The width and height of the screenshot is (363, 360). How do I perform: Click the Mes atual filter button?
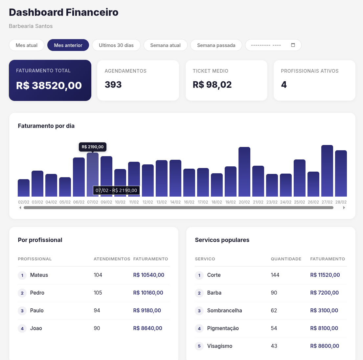[x=27, y=45]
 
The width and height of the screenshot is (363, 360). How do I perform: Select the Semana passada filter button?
[x=216, y=45]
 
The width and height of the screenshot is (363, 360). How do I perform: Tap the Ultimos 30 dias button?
[x=116, y=45]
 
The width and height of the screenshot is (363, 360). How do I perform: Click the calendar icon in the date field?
[x=293, y=45]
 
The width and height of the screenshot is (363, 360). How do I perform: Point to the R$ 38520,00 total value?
[x=49, y=85]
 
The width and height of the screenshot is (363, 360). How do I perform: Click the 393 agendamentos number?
[x=113, y=85]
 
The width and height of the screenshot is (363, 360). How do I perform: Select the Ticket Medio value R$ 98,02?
[x=212, y=85]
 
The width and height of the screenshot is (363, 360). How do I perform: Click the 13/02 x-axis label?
[x=161, y=202]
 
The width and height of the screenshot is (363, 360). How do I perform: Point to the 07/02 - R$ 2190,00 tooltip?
[x=116, y=190]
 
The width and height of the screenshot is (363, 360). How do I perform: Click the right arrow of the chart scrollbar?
[x=344, y=208]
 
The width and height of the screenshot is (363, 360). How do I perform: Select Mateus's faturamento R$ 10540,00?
[x=148, y=275]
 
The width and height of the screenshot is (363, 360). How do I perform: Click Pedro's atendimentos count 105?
[x=98, y=293]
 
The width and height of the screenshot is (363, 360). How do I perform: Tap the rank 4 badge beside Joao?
[x=22, y=328]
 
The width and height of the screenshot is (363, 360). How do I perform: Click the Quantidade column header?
[x=286, y=259]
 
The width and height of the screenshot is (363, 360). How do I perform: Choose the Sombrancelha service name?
[x=224, y=311]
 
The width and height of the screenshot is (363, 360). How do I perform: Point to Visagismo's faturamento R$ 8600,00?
[x=325, y=346]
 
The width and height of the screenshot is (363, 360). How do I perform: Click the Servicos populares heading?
[x=222, y=240]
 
